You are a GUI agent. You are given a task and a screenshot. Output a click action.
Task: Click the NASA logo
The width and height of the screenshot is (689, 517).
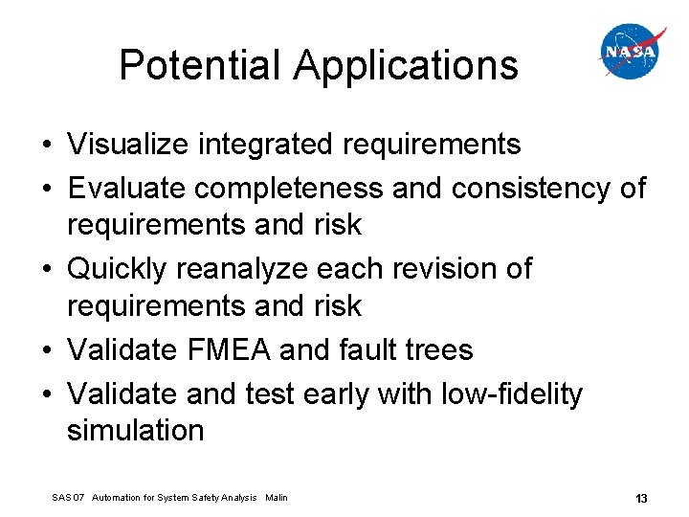633,52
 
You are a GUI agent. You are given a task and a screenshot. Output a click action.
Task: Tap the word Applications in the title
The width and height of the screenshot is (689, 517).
407,66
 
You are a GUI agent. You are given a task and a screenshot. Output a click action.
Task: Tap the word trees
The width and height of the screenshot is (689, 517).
438,350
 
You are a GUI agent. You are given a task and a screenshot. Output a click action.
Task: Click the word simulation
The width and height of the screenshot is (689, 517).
136,430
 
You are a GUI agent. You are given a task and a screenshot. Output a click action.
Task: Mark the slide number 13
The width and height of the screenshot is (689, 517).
641,498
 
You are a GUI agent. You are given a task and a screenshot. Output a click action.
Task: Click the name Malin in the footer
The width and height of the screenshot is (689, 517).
277,498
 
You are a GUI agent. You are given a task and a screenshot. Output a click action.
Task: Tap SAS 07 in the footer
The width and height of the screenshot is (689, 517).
67,498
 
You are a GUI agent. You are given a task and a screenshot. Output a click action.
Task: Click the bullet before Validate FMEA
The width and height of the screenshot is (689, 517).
47,351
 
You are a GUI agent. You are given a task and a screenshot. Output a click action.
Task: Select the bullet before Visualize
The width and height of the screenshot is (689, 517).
47,146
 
